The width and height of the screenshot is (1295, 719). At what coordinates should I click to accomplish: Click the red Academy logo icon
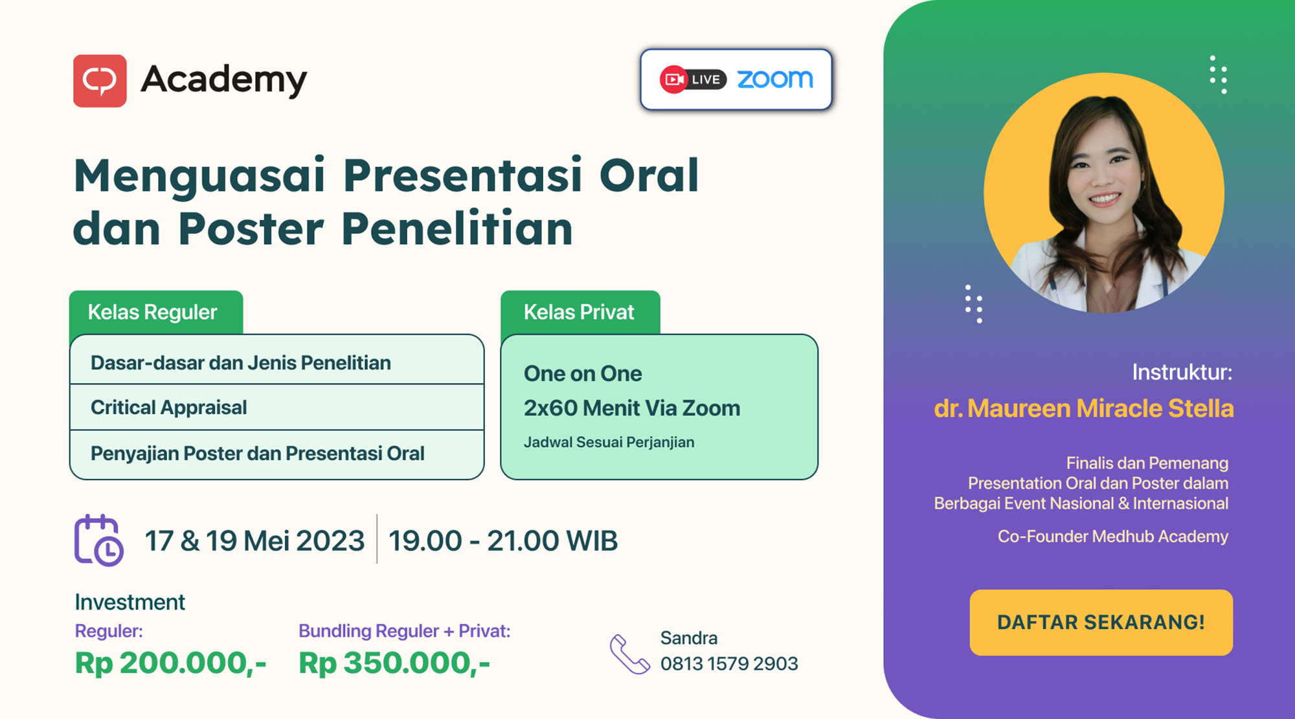point(100,81)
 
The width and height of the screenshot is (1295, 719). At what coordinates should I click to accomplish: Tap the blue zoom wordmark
point(775,79)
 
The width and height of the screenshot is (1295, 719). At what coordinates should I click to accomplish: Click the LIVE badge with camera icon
point(693,80)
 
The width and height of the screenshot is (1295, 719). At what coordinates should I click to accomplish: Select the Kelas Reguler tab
point(156,312)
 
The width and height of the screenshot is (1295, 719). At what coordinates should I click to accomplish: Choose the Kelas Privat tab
point(580,312)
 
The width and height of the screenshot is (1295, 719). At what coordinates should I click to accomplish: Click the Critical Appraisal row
point(277,407)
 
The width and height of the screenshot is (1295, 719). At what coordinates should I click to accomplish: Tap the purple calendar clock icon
point(98,540)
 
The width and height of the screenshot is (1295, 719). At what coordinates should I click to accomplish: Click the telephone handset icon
point(629,654)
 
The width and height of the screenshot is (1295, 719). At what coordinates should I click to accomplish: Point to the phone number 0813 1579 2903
point(729,664)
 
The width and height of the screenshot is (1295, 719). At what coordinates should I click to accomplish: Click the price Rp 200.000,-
point(170,663)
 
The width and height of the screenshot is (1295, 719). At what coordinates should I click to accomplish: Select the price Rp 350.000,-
point(394,663)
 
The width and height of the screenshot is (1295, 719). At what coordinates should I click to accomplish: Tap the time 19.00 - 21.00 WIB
point(503,541)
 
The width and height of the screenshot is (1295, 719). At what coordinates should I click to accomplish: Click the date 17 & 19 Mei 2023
point(254,541)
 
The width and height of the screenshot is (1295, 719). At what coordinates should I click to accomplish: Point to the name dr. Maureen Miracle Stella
point(1084,408)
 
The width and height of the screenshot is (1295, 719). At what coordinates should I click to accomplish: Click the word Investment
point(130,602)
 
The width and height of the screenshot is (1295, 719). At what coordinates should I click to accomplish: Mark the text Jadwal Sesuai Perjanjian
point(609,442)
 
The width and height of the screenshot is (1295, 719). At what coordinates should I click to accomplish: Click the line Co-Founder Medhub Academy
point(1112,536)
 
